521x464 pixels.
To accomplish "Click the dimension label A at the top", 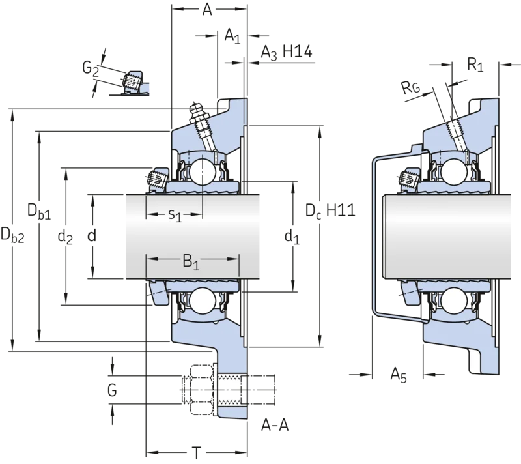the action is [207, 10].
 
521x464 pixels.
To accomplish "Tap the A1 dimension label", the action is [232, 36].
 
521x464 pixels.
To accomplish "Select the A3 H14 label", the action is [287, 53].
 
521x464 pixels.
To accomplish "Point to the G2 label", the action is [91, 68].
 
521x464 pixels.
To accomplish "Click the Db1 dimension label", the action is [39, 212].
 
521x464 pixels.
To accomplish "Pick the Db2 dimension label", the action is [12, 235].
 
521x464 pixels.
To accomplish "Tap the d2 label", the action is [65, 237].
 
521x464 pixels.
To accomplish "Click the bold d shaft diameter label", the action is [92, 236].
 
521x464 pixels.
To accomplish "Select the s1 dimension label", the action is [175, 215].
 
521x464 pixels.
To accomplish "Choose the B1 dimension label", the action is [191, 262].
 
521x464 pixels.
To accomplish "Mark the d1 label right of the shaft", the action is [292, 237].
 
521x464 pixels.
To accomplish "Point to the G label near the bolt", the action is [112, 390].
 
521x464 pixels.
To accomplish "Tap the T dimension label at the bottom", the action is [197, 453].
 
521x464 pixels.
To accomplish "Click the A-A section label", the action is [275, 425].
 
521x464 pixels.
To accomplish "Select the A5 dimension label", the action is [399, 375].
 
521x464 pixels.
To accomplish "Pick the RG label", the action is [411, 88].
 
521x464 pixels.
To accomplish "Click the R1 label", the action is [475, 65].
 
